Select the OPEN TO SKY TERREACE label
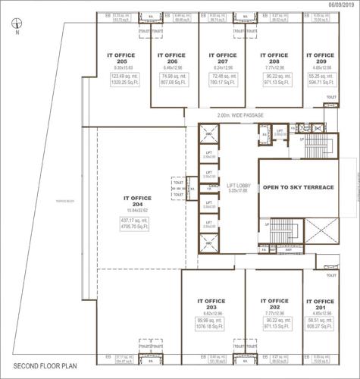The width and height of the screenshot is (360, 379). pos(298,186)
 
